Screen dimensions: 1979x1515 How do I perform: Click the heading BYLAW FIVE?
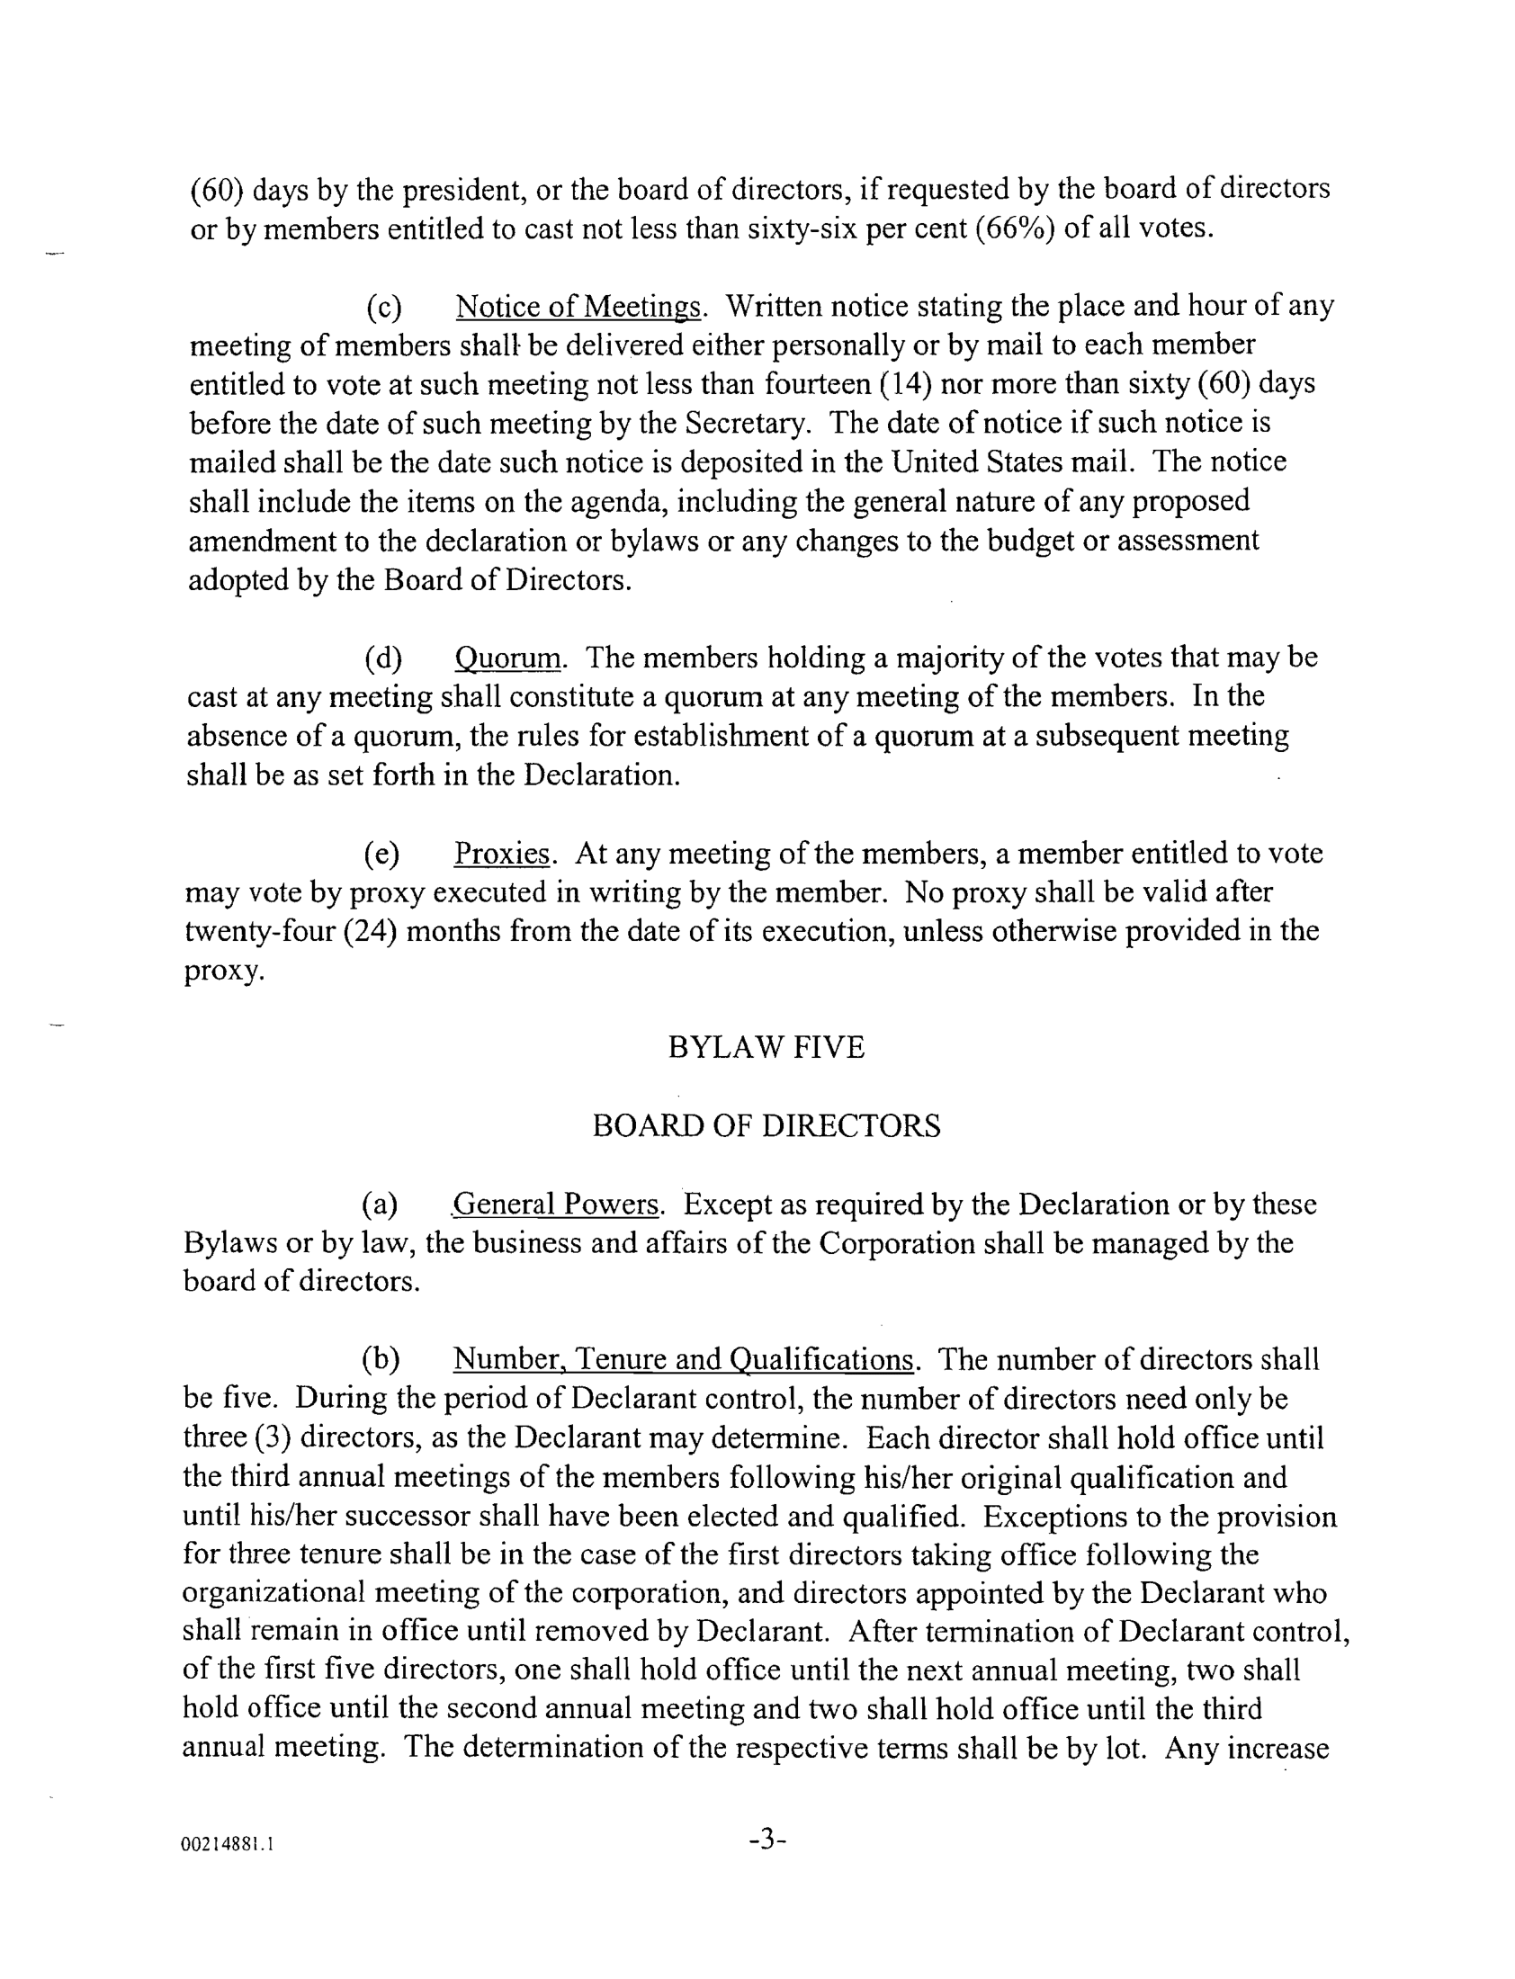coord(766,1047)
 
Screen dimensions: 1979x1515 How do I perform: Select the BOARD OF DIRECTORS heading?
coord(766,1126)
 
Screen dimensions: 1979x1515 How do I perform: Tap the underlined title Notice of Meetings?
coord(578,308)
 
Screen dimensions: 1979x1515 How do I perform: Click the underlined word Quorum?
coord(506,659)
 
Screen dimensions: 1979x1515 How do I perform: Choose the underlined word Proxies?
coord(501,853)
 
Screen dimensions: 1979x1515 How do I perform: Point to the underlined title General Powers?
coord(556,1204)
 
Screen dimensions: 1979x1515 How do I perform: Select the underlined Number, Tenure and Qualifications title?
coord(683,1359)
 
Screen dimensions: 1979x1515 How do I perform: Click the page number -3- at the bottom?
coord(767,1839)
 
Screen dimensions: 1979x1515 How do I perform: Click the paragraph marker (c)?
coord(383,308)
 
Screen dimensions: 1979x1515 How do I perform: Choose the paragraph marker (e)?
coord(381,853)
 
